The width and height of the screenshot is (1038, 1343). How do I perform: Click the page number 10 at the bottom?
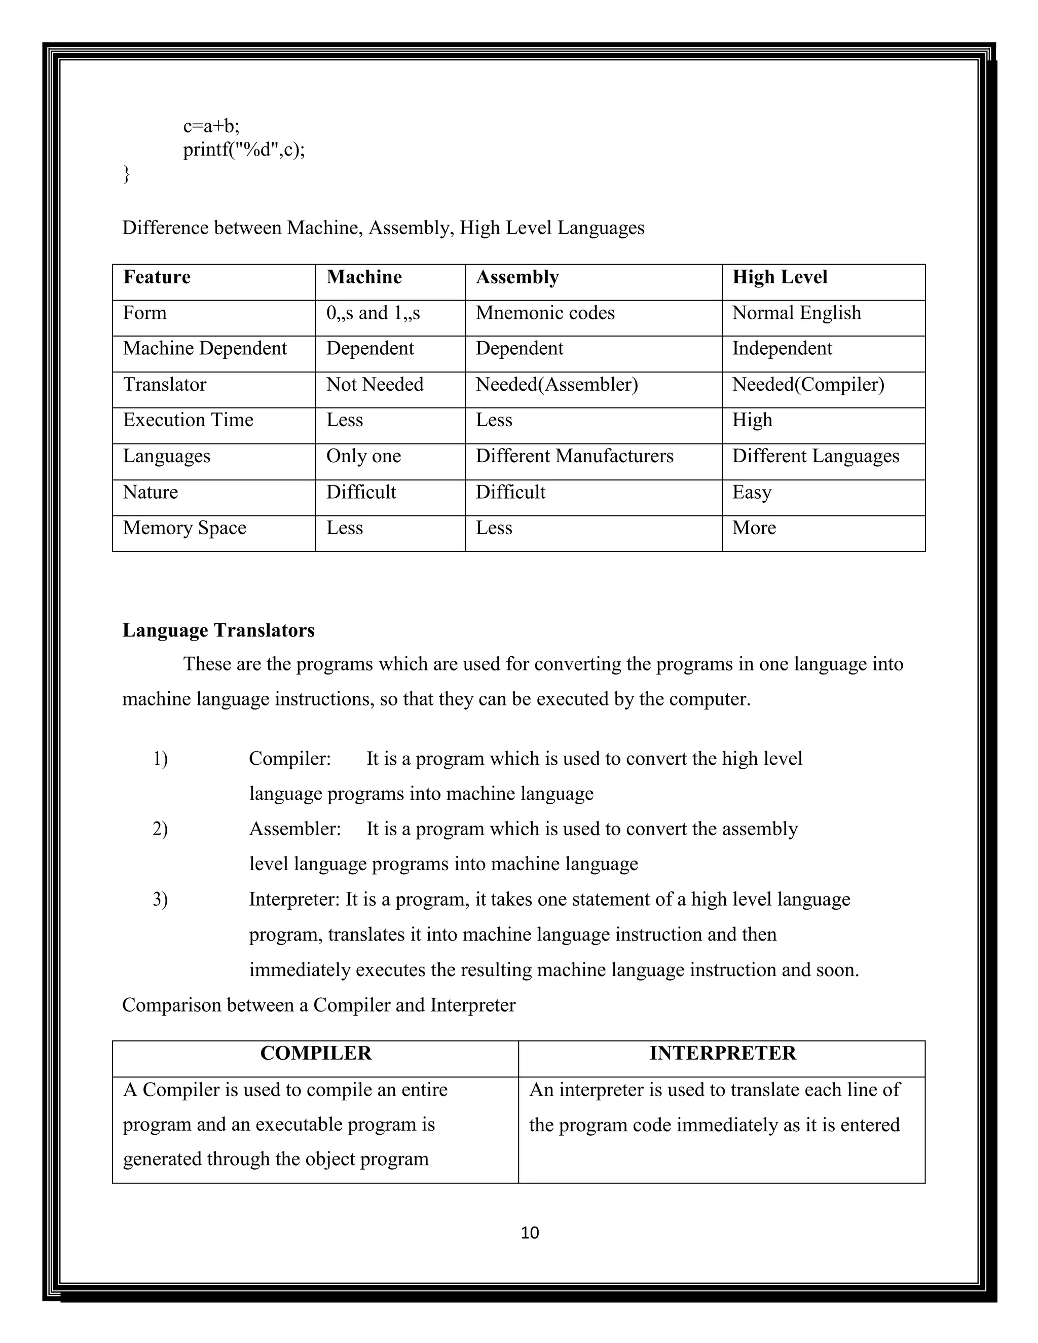530,1233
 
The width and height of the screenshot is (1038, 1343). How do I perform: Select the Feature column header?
157,277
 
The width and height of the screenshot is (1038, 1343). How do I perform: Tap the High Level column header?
779,277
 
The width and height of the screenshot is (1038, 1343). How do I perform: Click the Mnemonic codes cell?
545,313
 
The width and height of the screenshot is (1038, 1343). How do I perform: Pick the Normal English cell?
796,313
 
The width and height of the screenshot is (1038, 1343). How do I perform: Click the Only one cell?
363,456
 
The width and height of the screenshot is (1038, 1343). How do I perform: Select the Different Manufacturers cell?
574,456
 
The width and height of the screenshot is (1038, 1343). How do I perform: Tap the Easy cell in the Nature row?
752,493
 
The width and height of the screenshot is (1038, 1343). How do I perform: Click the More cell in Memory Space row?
754,528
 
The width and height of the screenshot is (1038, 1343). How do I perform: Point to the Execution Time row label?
188,421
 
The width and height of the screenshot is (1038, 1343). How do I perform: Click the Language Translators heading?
218,630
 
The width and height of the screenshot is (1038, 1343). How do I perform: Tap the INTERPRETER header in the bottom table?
723,1054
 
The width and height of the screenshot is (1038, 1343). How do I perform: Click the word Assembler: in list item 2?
294,830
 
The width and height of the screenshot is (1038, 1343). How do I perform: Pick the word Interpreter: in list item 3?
294,900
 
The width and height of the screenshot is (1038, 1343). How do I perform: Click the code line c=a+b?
211,126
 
